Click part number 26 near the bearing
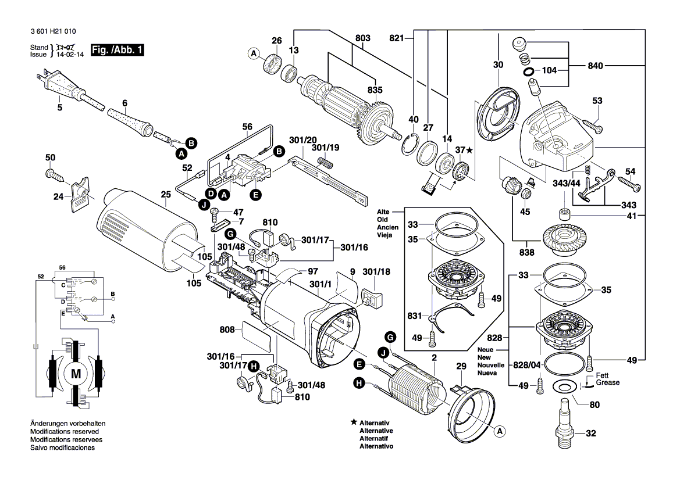(x=276, y=41)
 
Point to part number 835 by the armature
(x=375, y=90)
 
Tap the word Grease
(x=608, y=383)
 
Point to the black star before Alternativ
(x=353, y=422)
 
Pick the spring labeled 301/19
(x=327, y=164)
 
